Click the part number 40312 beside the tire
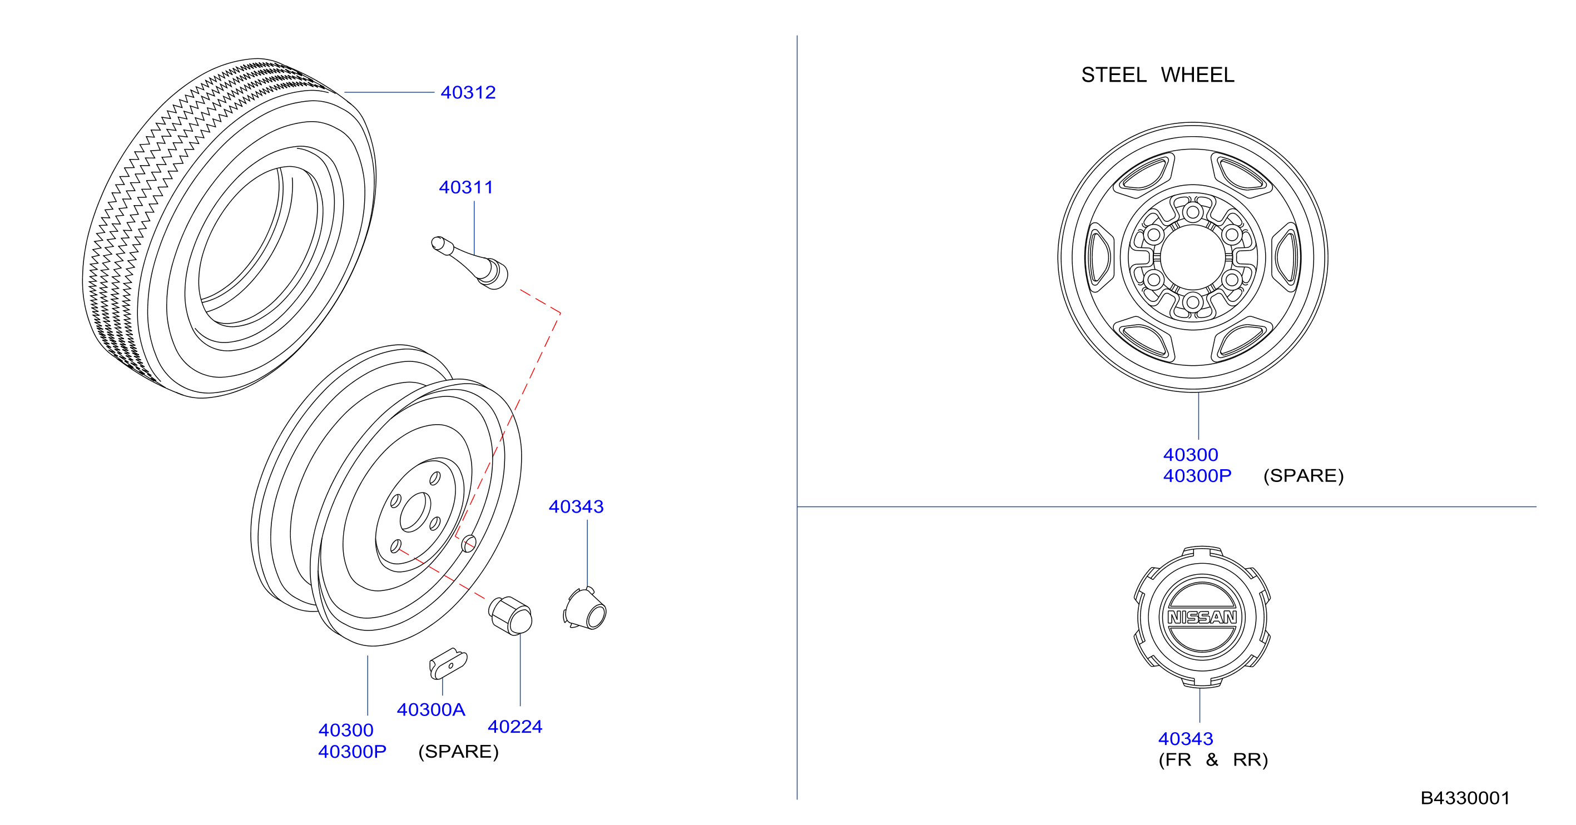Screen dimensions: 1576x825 (x=468, y=92)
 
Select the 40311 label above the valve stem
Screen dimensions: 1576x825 (x=465, y=187)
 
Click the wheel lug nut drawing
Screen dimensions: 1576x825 (x=511, y=616)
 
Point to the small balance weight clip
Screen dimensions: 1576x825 (x=448, y=664)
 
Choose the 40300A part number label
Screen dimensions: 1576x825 (x=431, y=709)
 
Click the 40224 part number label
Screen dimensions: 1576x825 (x=515, y=727)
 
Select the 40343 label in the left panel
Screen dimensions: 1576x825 (x=576, y=506)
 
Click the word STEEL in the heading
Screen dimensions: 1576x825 (x=1113, y=74)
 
